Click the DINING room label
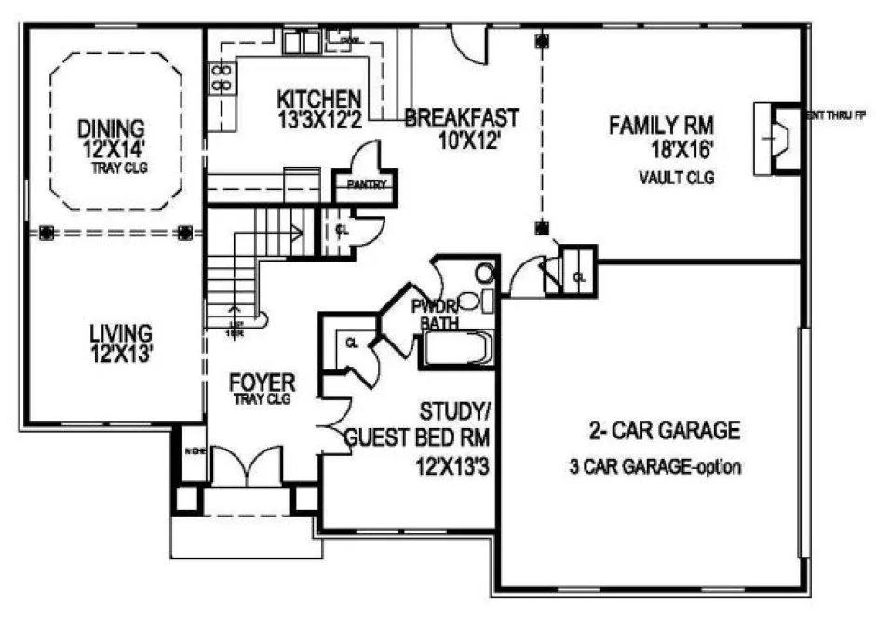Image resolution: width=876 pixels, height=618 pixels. point(112,127)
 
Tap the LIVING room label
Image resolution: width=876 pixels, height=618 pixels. point(121,331)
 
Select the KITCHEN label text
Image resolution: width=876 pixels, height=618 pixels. point(319,98)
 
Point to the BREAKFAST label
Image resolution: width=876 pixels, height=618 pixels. point(461,118)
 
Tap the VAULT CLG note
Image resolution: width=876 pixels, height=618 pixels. point(676,177)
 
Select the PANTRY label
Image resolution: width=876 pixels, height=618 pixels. point(366,184)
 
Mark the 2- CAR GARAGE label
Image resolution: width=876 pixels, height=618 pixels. point(664,431)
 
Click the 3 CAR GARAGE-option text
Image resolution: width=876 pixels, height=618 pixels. point(655,466)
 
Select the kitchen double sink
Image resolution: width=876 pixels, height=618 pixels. point(302,43)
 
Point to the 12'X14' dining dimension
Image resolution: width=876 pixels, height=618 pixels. point(112,147)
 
